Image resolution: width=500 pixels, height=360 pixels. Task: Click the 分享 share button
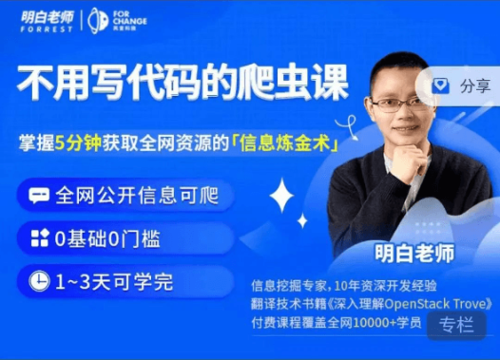[x=463, y=85]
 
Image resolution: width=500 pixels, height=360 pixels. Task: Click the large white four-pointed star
[x=281, y=197]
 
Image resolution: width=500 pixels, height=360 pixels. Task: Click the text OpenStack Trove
[x=436, y=304]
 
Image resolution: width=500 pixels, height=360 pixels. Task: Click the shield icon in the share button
[x=440, y=85]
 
